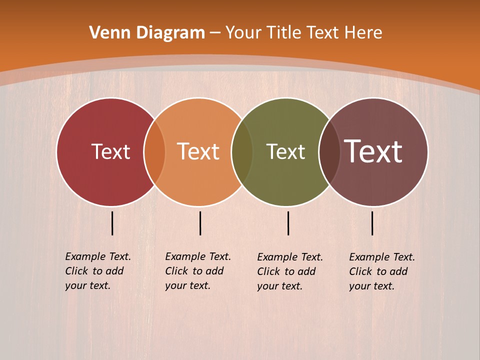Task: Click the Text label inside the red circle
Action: pyautogui.click(x=110, y=151)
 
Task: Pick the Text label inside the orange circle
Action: pyautogui.click(x=198, y=151)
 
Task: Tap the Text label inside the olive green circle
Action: pyautogui.click(x=285, y=151)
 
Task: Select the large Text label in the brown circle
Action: pyautogui.click(x=373, y=151)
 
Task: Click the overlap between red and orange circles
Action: pyautogui.click(x=154, y=151)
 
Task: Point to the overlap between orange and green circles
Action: pyautogui.click(x=242, y=151)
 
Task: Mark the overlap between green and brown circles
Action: pyautogui.click(x=329, y=151)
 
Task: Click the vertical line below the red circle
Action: pyautogui.click(x=112, y=223)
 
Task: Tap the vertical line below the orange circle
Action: pyautogui.click(x=200, y=223)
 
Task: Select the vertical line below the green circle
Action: pyautogui.click(x=288, y=223)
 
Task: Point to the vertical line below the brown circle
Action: pyautogui.click(x=372, y=223)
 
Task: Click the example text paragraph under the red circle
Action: pyautogui.click(x=98, y=271)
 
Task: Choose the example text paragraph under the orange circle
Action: pyautogui.click(x=198, y=271)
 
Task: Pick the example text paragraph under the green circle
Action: pyautogui.click(x=290, y=271)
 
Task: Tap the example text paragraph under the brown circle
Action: pyautogui.click(x=382, y=271)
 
